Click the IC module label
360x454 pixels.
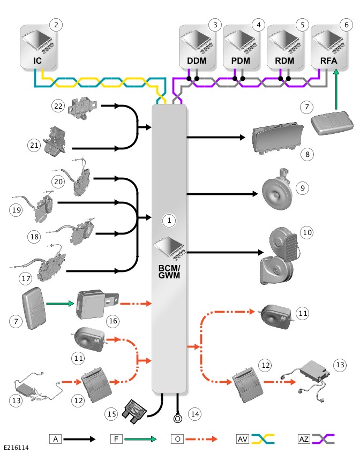pyautogui.click(x=37, y=61)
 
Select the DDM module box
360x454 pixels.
pyautogui.click(x=197, y=47)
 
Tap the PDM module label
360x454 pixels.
pyautogui.click(x=241, y=61)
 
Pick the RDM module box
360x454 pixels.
pyautogui.click(x=284, y=47)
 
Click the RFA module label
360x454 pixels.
pyautogui.click(x=329, y=61)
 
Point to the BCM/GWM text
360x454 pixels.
pyautogui.click(x=169, y=271)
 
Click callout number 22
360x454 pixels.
pyautogui.click(x=58, y=106)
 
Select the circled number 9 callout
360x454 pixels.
pyautogui.click(x=303, y=188)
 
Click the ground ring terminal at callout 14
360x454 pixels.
pyautogui.click(x=177, y=418)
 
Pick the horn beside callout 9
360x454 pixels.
pyautogui.click(x=276, y=190)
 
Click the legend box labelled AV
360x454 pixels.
pyautogui.click(x=243, y=439)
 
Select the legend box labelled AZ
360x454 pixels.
pyautogui.click(x=304, y=439)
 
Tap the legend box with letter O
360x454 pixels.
pyautogui.click(x=177, y=439)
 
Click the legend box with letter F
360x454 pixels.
pyautogui.click(x=116, y=439)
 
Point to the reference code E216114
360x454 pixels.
pyautogui.click(x=16, y=448)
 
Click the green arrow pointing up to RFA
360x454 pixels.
pyautogui.click(x=336, y=89)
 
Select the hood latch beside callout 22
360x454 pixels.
pyautogui.click(x=82, y=107)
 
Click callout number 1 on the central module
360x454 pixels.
pyautogui.click(x=169, y=221)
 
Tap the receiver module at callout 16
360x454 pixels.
pyautogui.click(x=97, y=304)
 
